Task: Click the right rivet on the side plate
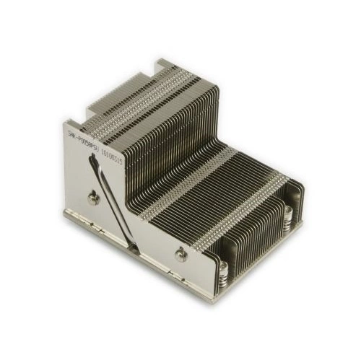point(181,253)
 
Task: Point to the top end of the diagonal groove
point(93,160)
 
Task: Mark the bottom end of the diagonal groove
point(135,247)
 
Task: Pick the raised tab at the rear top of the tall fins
point(165,66)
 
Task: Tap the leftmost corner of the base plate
point(65,214)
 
